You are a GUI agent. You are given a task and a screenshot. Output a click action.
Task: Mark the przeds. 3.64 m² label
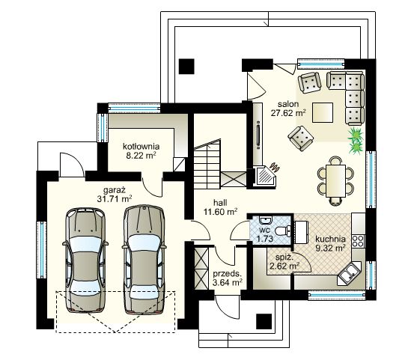coord(227,278)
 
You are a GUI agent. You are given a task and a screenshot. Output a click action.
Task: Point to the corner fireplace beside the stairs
coord(266,174)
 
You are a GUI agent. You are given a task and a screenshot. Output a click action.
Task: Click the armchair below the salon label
coord(301,137)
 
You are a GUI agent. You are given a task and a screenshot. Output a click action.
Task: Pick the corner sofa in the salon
coord(347,94)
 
